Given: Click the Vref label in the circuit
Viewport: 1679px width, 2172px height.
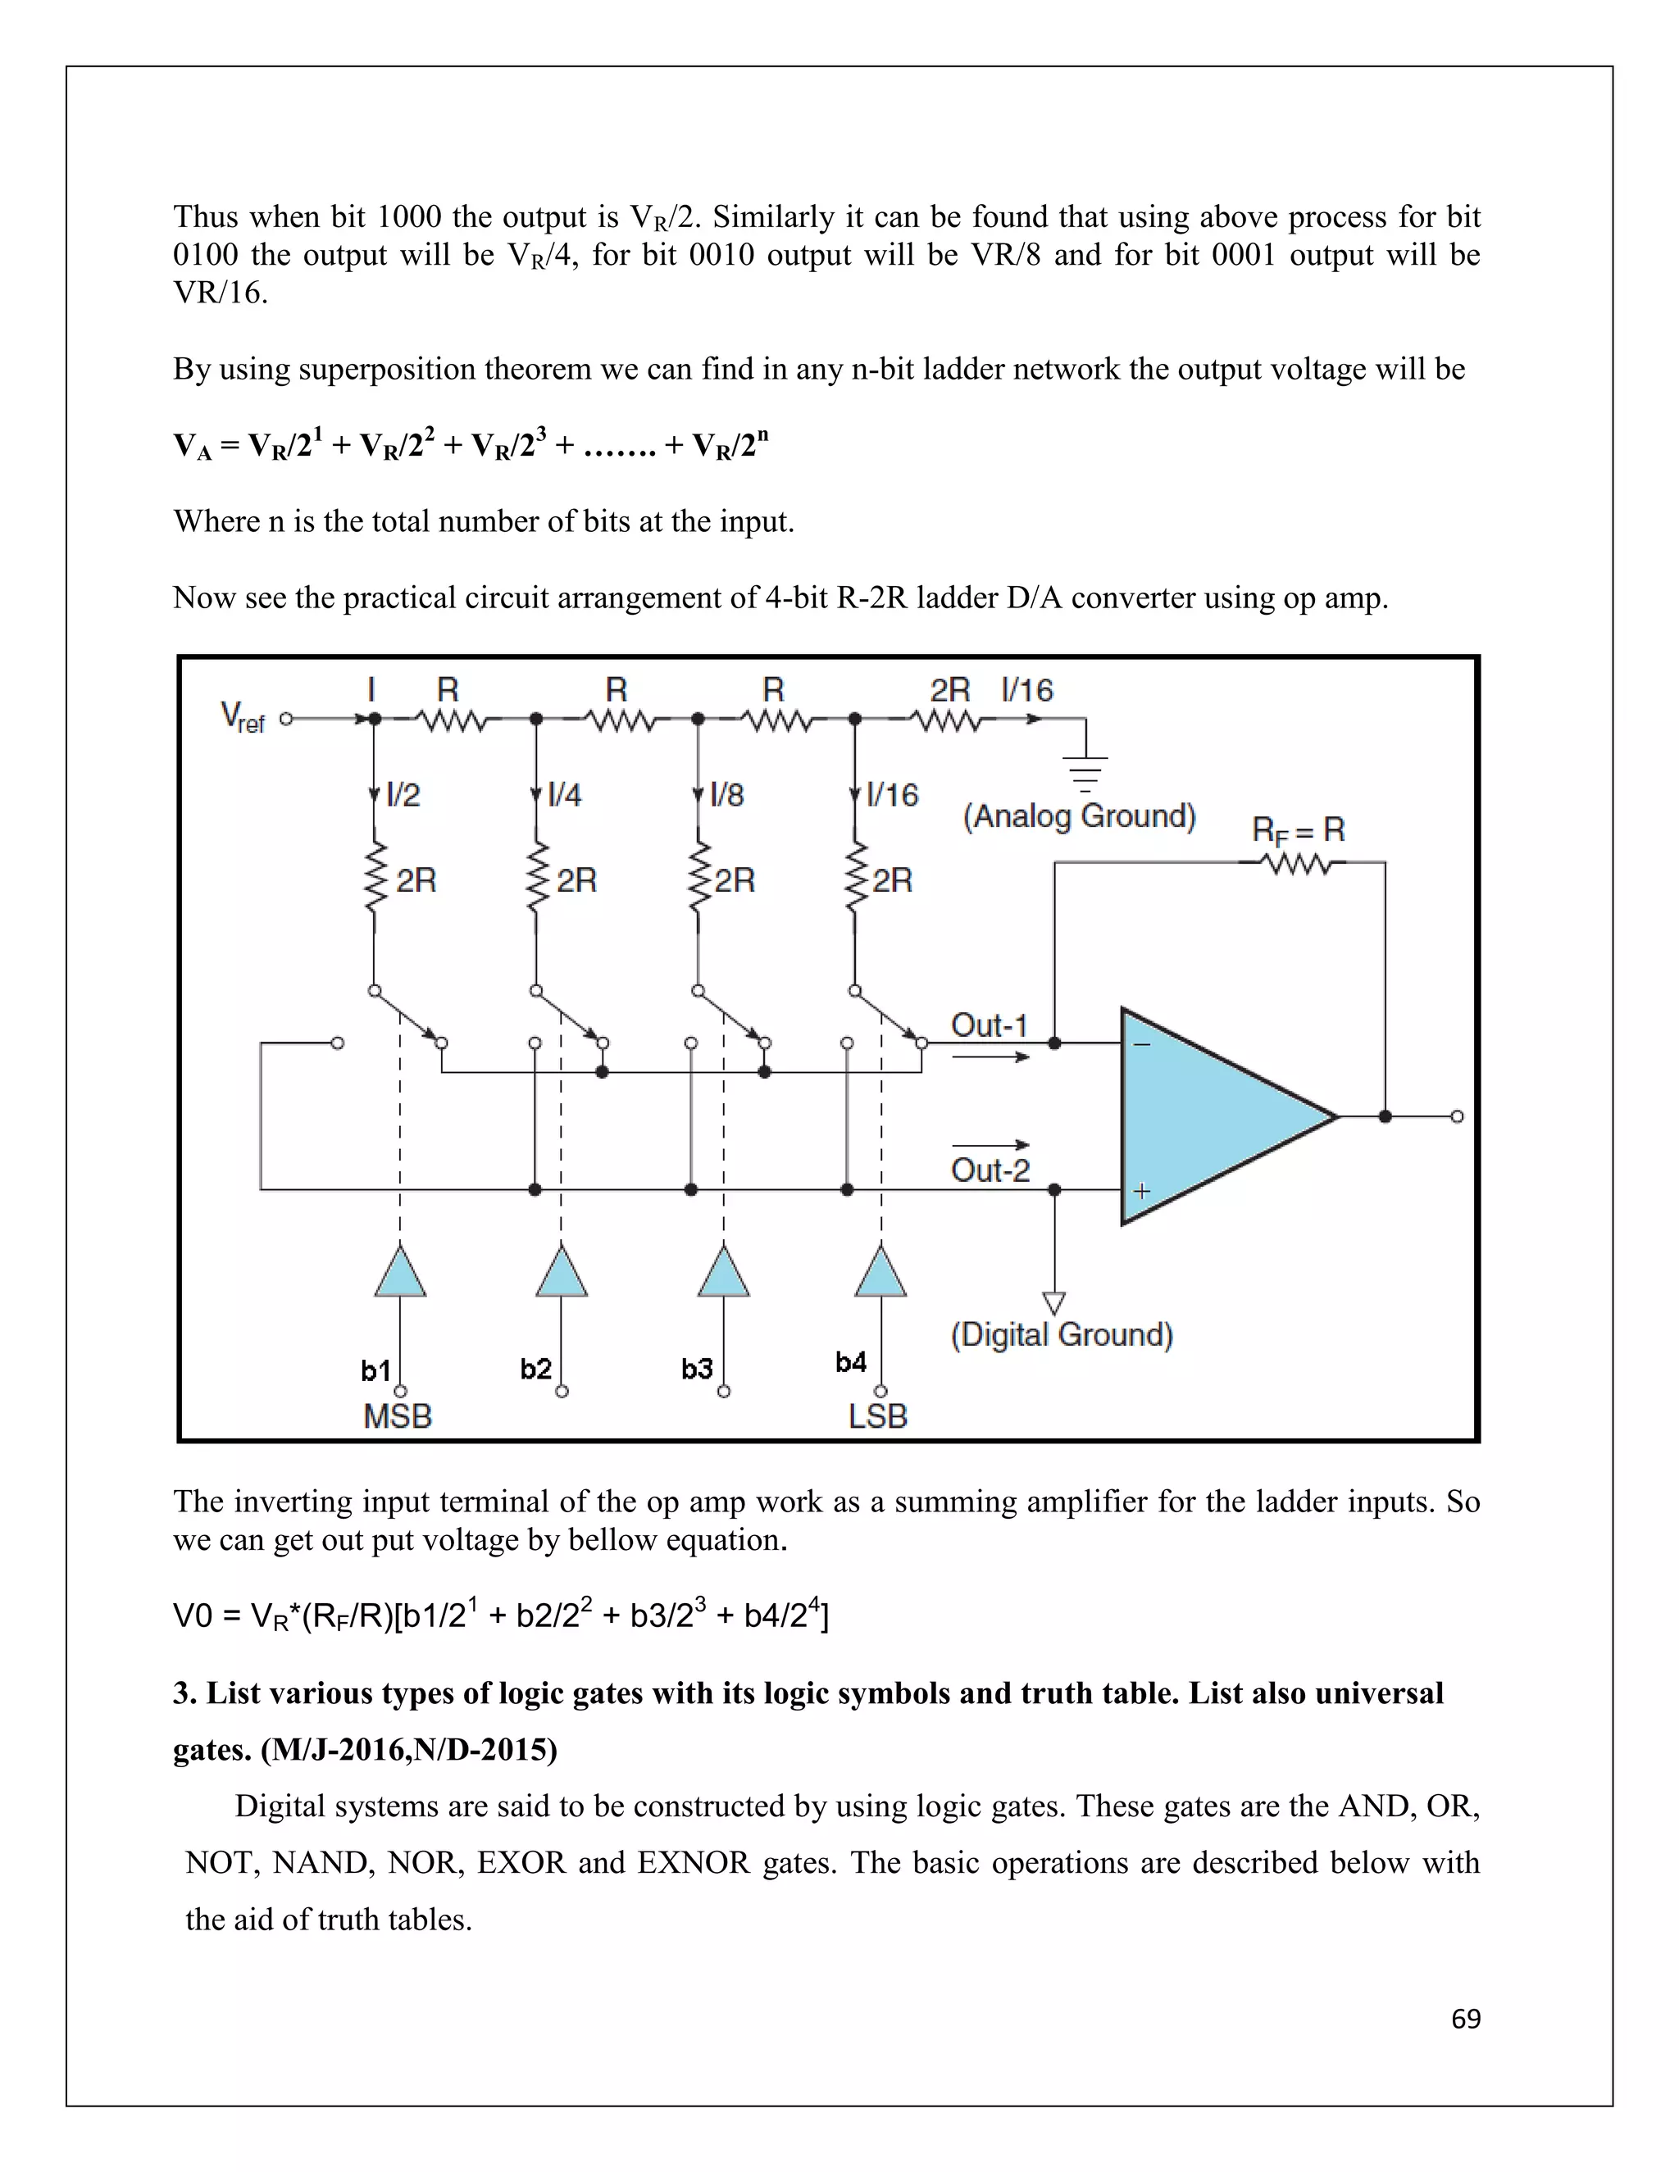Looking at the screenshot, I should coord(242,717).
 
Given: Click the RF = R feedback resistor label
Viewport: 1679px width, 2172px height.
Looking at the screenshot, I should coord(1297,829).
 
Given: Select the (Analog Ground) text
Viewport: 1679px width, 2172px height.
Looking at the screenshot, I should coord(1078,816).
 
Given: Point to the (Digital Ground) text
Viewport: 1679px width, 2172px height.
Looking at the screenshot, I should coord(1062,1334).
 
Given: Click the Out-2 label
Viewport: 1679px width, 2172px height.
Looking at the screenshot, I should coord(990,1170).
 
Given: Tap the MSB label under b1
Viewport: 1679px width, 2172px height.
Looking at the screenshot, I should coord(398,1415).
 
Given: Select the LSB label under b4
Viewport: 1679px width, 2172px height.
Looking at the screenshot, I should coord(877,1415).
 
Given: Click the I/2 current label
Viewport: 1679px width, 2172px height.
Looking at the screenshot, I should coord(403,794).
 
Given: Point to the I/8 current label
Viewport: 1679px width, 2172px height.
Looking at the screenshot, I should coord(726,794).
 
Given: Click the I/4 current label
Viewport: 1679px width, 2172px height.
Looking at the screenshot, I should coord(564,794).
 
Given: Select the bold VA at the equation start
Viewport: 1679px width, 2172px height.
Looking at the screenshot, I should coord(192,446).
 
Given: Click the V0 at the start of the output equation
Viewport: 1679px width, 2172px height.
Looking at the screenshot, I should coord(192,1616).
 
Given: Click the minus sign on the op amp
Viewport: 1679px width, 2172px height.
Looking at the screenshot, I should coord(1142,1044).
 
